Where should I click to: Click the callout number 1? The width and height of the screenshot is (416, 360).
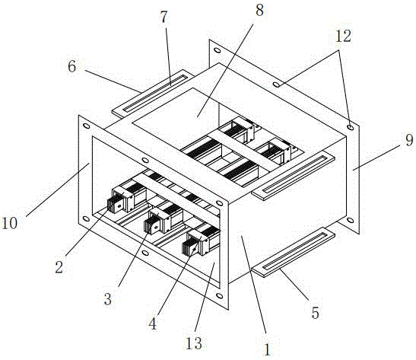point(267,349)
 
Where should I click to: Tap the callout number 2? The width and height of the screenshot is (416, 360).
point(59,267)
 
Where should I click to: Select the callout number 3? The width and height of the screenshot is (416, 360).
point(107,299)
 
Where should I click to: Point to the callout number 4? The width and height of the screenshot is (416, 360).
point(153,323)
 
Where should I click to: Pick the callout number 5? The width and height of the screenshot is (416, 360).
point(315,313)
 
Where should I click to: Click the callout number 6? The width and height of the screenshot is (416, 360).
point(72,66)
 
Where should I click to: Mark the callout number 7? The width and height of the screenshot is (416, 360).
point(164,17)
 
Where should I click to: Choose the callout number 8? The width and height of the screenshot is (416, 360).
point(259,11)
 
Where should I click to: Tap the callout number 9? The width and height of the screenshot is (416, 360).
point(409,140)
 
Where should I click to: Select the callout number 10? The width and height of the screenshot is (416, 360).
point(10,223)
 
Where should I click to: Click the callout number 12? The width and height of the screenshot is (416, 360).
point(343,36)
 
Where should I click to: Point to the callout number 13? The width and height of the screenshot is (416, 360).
point(194,343)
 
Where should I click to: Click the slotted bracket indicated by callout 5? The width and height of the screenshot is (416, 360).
point(293,252)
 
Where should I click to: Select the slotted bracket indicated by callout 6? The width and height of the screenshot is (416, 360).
point(153,93)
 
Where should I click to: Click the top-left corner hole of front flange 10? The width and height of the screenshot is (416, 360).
point(86,126)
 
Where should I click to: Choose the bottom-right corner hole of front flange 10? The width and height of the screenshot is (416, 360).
point(220,295)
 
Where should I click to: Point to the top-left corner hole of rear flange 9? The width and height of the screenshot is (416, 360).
point(217,50)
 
